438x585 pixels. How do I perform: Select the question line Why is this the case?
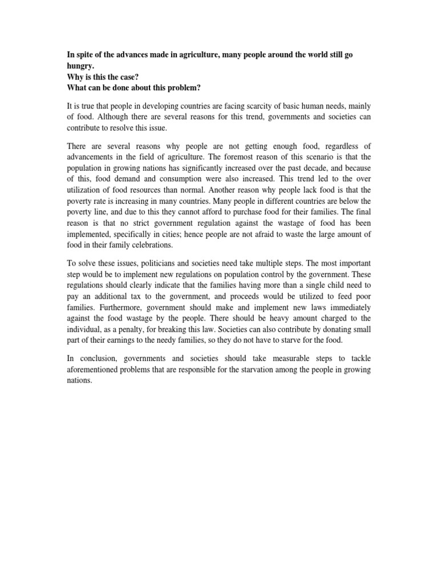point(108,77)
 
